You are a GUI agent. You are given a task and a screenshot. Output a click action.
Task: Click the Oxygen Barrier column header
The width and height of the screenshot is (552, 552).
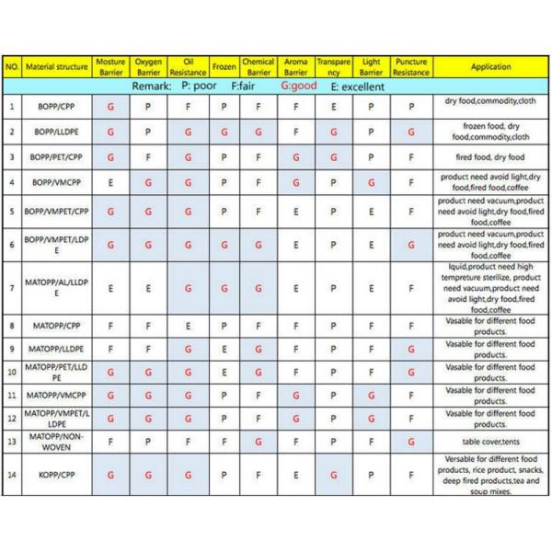coord(148,67)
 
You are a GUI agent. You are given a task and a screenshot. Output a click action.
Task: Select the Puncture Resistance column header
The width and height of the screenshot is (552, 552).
coord(410,67)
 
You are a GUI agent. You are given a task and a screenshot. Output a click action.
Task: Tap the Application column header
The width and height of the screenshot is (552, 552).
coord(490,67)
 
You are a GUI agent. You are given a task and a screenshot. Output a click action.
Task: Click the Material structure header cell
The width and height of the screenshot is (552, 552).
coord(57,67)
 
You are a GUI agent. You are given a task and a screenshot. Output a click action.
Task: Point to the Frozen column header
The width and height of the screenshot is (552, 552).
coord(224,67)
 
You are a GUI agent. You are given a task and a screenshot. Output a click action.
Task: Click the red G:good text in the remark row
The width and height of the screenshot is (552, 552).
coord(297,86)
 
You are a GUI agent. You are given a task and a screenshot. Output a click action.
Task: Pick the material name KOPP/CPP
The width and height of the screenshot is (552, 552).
coord(57,476)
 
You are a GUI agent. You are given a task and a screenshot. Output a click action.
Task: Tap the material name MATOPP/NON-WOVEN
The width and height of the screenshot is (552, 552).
coord(57,442)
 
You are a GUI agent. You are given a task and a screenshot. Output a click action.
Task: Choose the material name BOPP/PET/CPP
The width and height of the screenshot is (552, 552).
coord(57,157)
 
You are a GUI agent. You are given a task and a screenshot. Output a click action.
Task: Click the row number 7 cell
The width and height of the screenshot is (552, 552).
coord(12,288)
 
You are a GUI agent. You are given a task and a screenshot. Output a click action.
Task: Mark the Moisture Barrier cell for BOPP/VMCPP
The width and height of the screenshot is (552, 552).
coord(111,183)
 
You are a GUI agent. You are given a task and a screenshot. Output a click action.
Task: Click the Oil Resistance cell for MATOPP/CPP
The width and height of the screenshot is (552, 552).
coord(187,326)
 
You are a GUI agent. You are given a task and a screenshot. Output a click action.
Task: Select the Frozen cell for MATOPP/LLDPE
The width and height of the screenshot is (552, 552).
coord(224,350)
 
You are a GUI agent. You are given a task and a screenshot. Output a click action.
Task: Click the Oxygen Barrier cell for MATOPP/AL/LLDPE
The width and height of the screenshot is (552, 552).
coord(148,288)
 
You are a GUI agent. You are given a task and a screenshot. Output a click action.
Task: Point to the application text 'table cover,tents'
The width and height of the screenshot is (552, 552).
coord(479,442)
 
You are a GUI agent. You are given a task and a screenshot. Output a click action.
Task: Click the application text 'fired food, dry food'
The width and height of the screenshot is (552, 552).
coord(478,157)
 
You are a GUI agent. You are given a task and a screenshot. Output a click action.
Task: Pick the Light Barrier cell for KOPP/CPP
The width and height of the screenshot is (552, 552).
coord(371,476)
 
